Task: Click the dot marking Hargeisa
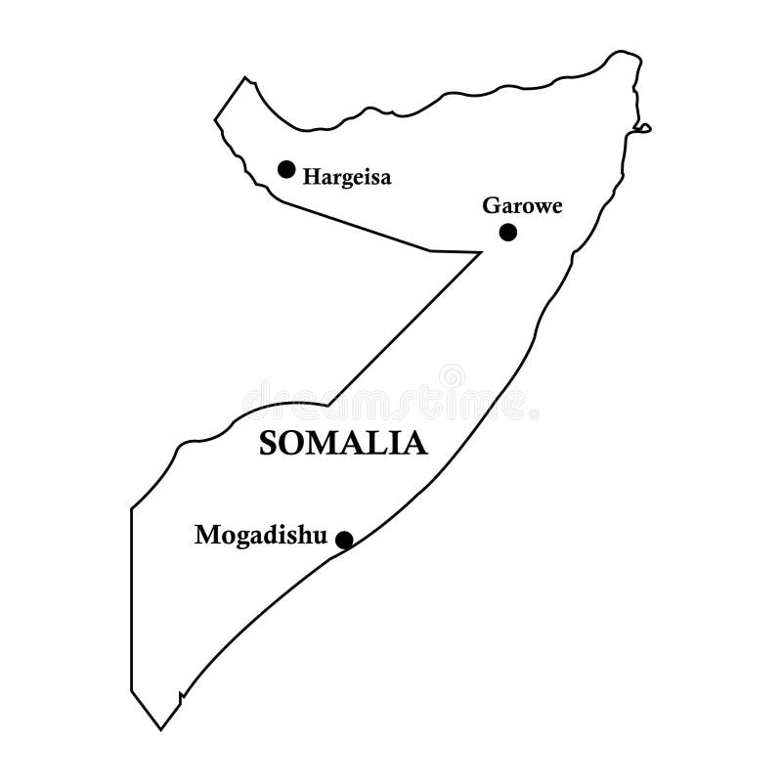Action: [x=286, y=169]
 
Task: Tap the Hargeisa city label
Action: [x=347, y=178]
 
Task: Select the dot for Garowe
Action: [x=507, y=232]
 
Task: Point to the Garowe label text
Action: [x=523, y=206]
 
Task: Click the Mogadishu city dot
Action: [x=344, y=539]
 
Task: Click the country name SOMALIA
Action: [x=343, y=444]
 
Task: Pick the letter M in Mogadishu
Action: [x=206, y=535]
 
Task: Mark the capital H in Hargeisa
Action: [x=311, y=177]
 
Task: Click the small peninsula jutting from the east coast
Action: [x=642, y=127]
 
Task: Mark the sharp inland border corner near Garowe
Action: [x=481, y=252]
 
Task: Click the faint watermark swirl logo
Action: [x=452, y=375]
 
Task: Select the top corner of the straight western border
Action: [x=131, y=508]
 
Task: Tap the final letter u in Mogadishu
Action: [x=317, y=536]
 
